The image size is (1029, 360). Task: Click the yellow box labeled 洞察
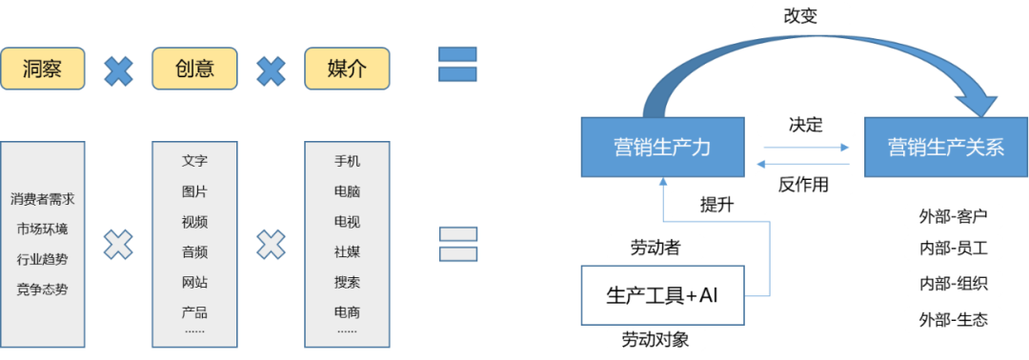(42, 69)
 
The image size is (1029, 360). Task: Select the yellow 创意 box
(194, 69)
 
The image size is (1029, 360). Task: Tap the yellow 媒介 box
(347, 69)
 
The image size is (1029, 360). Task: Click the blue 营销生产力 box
(662, 148)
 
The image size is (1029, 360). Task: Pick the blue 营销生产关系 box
(945, 148)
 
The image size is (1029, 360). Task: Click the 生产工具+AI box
(662, 295)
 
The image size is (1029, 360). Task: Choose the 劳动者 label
(656, 248)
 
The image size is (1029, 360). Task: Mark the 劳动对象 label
(656, 340)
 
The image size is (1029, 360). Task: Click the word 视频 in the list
(194, 222)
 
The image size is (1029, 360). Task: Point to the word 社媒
(347, 252)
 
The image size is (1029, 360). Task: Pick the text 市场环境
(42, 230)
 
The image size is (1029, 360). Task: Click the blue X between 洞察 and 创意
(118, 70)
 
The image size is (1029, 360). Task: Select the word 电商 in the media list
(347, 312)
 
